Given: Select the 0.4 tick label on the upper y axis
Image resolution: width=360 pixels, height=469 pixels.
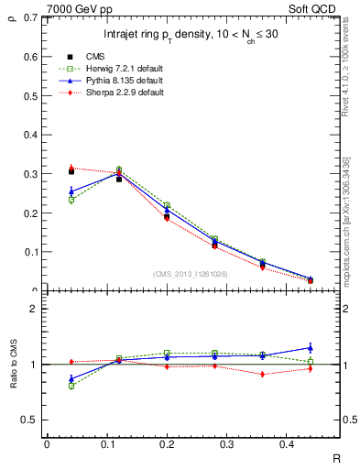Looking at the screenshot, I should coord(32,135).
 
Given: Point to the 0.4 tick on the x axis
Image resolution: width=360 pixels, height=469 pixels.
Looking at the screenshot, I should coord(310,444).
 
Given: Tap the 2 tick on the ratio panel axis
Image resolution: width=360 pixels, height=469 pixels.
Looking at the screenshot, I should coord(34,310).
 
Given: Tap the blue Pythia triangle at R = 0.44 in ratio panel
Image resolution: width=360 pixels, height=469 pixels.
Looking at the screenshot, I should coord(310,348).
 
